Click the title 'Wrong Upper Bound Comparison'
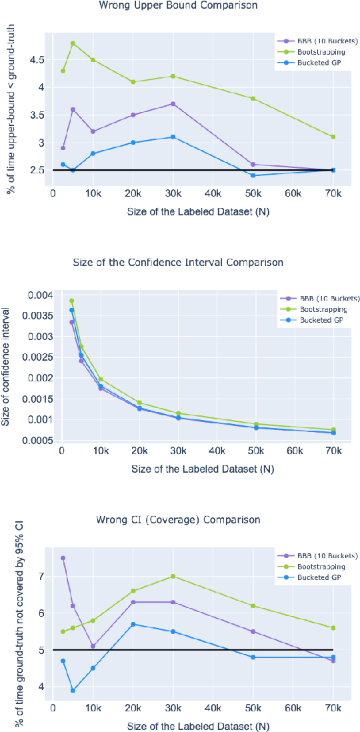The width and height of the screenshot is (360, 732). click(x=179, y=6)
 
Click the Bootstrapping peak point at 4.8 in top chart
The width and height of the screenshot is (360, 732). click(x=73, y=43)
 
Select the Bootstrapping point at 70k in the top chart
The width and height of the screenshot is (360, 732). click(x=333, y=137)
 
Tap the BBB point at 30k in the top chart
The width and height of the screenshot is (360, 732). click(x=173, y=104)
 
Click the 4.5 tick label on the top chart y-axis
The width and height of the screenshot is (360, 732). click(x=37, y=60)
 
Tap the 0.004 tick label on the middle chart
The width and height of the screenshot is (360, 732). click(x=42, y=295)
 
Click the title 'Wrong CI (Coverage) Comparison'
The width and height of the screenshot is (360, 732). click(x=179, y=520)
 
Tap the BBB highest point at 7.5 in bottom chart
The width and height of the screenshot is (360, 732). click(x=63, y=558)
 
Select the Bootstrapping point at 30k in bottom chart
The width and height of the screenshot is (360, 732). click(x=173, y=576)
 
